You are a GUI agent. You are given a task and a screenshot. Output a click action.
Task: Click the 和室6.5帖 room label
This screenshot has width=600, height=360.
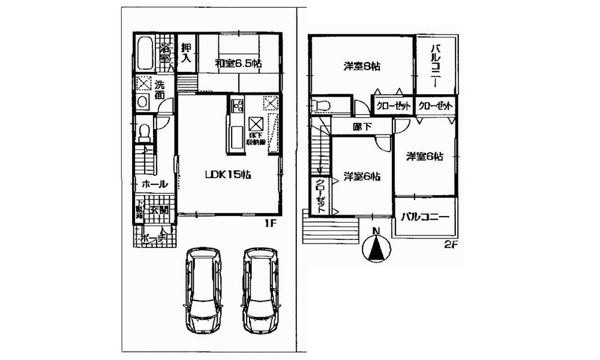[x=239, y=62]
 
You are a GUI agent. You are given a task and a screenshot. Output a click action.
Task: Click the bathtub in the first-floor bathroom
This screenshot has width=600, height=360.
[x=145, y=54]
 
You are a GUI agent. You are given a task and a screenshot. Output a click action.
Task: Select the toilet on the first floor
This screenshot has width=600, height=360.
[x=145, y=132]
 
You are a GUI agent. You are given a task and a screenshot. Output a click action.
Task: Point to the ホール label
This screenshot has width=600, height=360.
[x=154, y=184]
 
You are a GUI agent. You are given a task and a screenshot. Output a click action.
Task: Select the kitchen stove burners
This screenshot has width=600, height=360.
[x=235, y=106]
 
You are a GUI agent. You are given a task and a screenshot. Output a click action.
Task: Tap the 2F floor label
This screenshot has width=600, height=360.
[x=451, y=245]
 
